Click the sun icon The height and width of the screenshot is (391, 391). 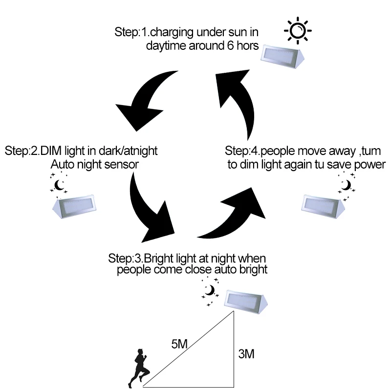click(298, 31)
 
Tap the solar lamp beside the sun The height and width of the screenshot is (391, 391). click(282, 57)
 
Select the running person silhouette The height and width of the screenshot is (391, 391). click(138, 368)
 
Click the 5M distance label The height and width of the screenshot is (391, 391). click(179, 344)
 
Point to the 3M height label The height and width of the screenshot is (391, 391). click(246, 354)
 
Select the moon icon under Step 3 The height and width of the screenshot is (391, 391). click(210, 291)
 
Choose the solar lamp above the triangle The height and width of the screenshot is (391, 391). click(246, 302)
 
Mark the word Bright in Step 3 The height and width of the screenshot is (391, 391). click(158, 259)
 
